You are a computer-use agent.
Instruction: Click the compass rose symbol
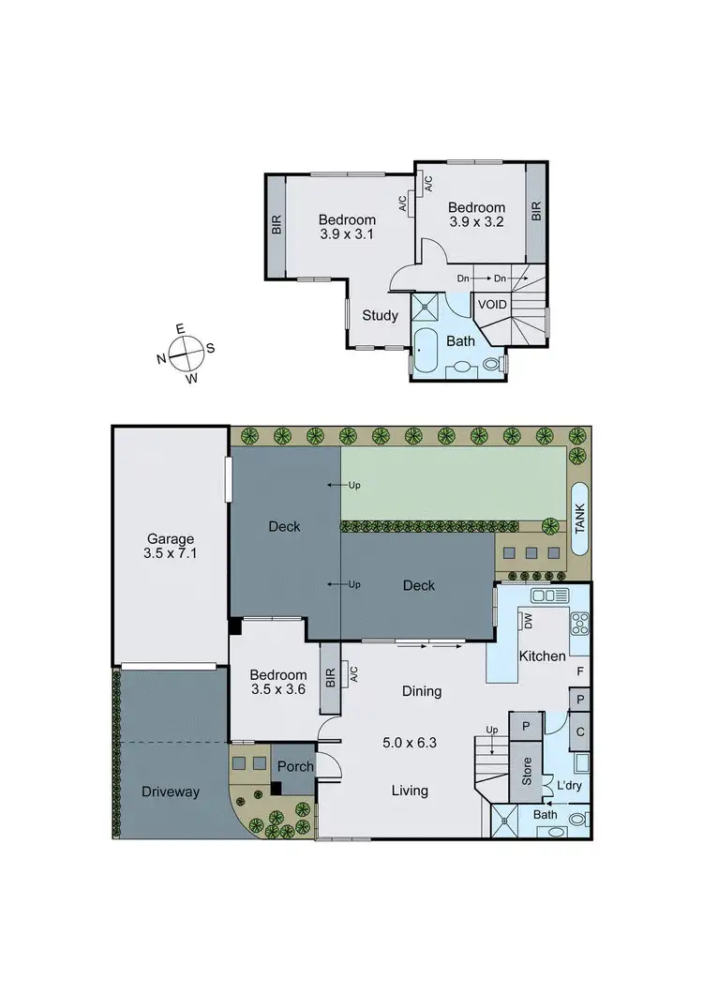(187, 354)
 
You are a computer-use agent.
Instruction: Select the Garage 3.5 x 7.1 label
(170, 547)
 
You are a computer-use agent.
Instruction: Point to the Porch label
(295, 766)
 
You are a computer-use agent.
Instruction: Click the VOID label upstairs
(492, 305)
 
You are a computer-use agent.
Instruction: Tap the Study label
(380, 316)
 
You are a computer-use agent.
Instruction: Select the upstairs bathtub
(426, 352)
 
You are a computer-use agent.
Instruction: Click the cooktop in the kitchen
(579, 623)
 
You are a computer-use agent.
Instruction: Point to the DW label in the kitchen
(529, 622)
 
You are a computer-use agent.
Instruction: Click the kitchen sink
(543, 595)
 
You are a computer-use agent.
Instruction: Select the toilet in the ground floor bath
(577, 820)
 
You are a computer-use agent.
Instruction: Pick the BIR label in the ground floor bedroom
(330, 677)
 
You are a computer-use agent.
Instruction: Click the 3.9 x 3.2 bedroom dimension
(476, 223)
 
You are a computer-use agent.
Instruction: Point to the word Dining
(422, 692)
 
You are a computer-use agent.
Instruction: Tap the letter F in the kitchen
(580, 671)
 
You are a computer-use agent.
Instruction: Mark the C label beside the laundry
(580, 731)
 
